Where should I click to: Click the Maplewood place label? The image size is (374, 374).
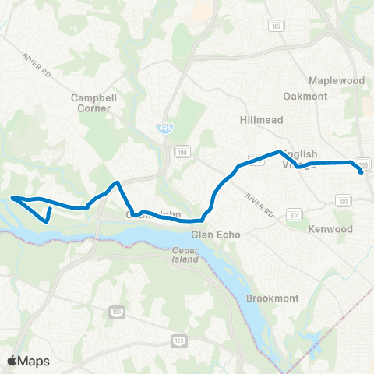[x=337, y=80]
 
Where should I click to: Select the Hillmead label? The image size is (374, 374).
[x=260, y=120]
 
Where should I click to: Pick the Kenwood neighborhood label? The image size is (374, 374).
[x=331, y=229]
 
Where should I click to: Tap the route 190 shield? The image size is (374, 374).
[x=182, y=151]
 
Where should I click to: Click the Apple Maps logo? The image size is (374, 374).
[x=27, y=360]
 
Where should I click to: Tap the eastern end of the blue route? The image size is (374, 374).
[x=361, y=172]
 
